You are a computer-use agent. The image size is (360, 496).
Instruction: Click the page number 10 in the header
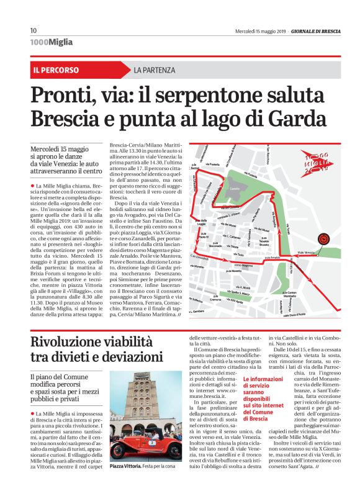pyautogui.click(x=34, y=30)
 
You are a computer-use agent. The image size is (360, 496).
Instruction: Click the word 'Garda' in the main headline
pyautogui.click(x=300, y=117)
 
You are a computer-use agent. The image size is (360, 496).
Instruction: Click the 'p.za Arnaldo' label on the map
pyautogui.click(x=273, y=257)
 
